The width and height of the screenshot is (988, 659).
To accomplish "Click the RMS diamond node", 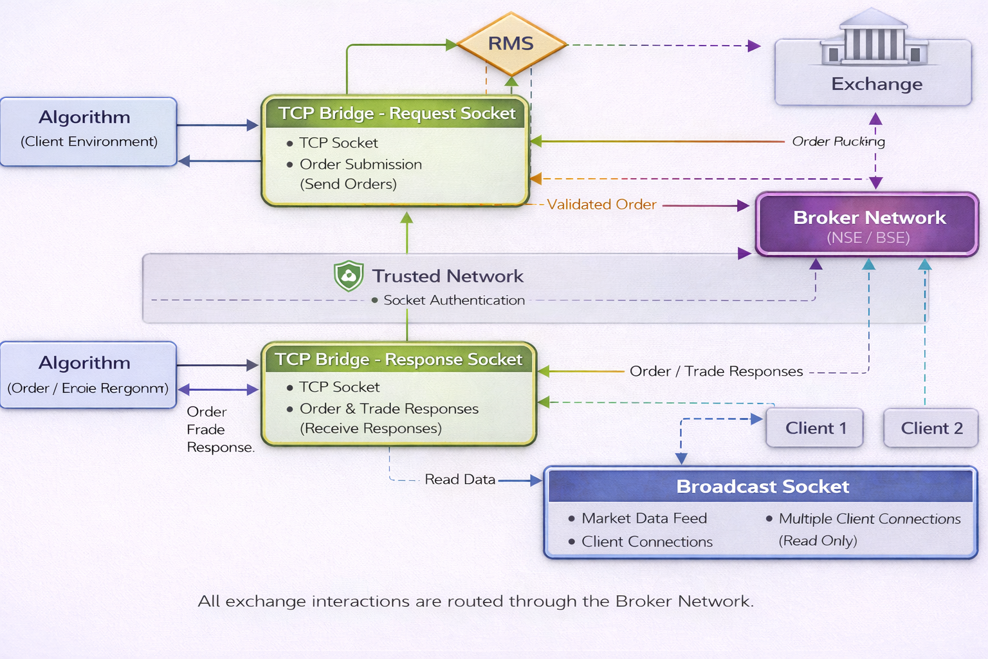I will point(511,44).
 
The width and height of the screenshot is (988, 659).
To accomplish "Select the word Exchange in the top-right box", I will point(877,84).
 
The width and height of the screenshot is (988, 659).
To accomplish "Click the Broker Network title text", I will point(869,218).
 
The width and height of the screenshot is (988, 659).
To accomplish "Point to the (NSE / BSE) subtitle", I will point(868,238).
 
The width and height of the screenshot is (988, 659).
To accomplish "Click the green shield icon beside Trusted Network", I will point(349,276).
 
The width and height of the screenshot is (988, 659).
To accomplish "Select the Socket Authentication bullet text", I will point(453,300).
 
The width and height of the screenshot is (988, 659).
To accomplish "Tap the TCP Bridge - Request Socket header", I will point(396,113).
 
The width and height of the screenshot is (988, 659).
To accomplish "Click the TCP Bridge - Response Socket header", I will point(398,359).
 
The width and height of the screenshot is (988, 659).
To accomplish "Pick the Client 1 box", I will point(814,428).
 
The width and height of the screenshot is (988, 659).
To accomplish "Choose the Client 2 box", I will point(931,428).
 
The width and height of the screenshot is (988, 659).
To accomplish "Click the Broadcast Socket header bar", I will point(762,487).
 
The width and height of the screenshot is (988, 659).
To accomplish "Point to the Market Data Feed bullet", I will point(643,518).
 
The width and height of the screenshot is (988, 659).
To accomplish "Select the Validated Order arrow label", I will point(601,205).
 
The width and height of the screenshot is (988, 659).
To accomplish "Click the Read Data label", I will point(460,479).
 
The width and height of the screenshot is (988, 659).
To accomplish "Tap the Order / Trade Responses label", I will point(716,371).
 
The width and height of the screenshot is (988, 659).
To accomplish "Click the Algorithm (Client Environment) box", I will point(89,131).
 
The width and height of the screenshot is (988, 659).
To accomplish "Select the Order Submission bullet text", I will point(360,164).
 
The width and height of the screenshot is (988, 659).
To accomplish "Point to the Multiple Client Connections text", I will point(869,519).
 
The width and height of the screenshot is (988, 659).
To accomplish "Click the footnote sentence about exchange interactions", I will point(475,601).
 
